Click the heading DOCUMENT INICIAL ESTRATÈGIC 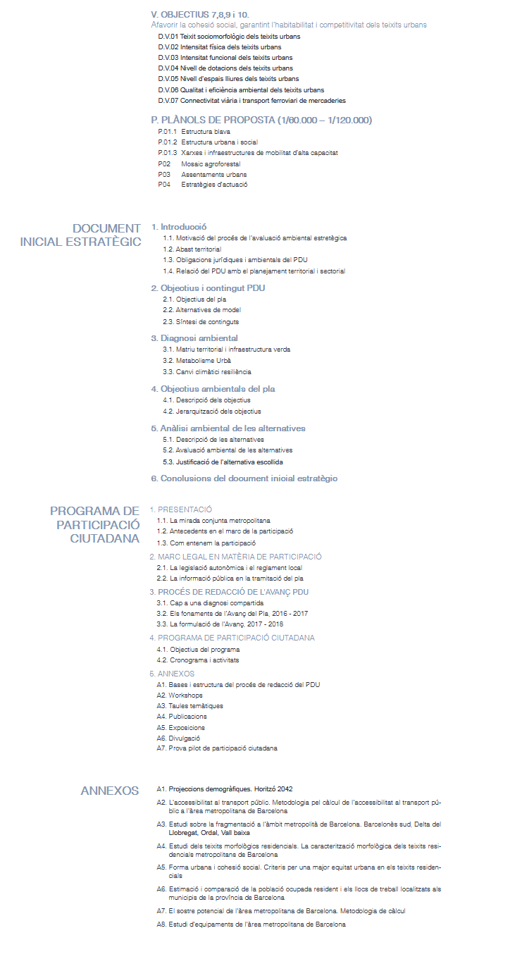click(x=81, y=235)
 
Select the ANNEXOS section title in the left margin click(x=110, y=791)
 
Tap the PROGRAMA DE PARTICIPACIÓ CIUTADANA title click(x=95, y=524)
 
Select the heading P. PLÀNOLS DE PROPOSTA click(x=261, y=120)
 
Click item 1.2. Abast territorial click(x=192, y=249)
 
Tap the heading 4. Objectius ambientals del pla click(x=213, y=388)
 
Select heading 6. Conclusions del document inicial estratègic click(x=244, y=478)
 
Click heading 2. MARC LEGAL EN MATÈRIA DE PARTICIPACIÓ click(x=235, y=557)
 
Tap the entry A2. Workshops click(x=180, y=695)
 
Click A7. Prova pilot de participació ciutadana click(x=217, y=748)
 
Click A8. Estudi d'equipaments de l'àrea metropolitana click(x=251, y=924)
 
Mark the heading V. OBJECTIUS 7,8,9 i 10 click(x=200, y=14)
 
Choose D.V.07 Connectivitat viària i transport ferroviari click(x=251, y=101)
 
